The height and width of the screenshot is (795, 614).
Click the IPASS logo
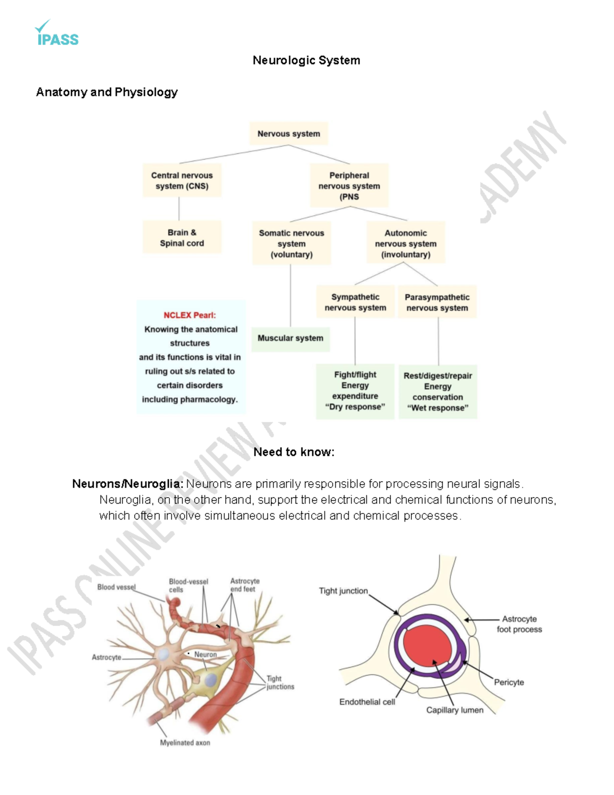(57, 34)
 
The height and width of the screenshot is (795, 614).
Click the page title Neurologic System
(306, 60)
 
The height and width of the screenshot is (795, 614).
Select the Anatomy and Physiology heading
(106, 92)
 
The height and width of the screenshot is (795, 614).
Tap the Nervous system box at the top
(289, 134)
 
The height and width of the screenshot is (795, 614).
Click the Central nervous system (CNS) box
(182, 181)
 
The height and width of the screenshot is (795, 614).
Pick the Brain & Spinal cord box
(182, 238)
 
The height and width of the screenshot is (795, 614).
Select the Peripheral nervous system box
(349, 186)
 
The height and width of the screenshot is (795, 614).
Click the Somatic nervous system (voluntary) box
(291, 243)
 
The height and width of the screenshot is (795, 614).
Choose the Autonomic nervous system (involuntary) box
(405, 243)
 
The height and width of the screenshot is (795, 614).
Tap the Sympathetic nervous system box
(355, 302)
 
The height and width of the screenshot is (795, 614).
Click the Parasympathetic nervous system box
(437, 302)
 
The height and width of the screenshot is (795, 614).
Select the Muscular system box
(290, 338)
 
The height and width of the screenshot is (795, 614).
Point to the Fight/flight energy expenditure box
(355, 391)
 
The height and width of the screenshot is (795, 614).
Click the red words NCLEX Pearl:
(189, 315)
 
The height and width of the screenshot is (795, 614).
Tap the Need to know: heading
(294, 452)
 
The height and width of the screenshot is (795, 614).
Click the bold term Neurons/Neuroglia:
(127, 484)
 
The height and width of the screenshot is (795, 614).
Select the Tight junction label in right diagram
(343, 591)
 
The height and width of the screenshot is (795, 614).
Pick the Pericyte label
(509, 682)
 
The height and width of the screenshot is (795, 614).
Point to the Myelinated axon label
(185, 743)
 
